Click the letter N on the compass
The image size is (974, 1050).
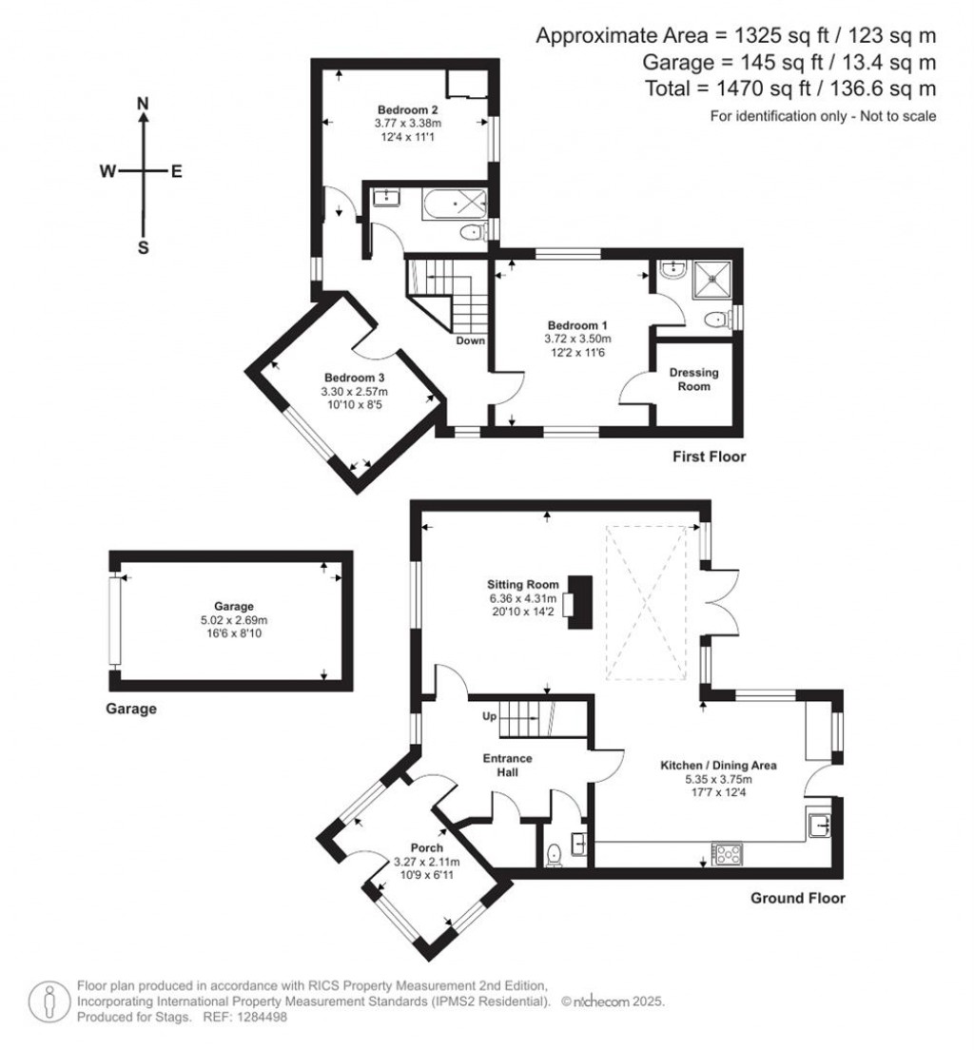(x=143, y=103)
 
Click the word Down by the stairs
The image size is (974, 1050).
(x=471, y=340)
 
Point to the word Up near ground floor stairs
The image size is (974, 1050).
(x=491, y=715)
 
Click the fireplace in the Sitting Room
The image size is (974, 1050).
(x=577, y=602)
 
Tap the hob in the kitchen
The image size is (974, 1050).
(x=728, y=853)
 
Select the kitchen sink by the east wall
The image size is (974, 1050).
(x=819, y=825)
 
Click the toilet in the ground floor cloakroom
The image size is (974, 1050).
(x=555, y=855)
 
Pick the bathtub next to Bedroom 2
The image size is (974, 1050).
(x=455, y=202)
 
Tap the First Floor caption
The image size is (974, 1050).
(x=708, y=457)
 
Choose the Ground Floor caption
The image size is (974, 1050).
(x=798, y=898)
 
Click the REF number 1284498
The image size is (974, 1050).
(x=257, y=1018)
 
